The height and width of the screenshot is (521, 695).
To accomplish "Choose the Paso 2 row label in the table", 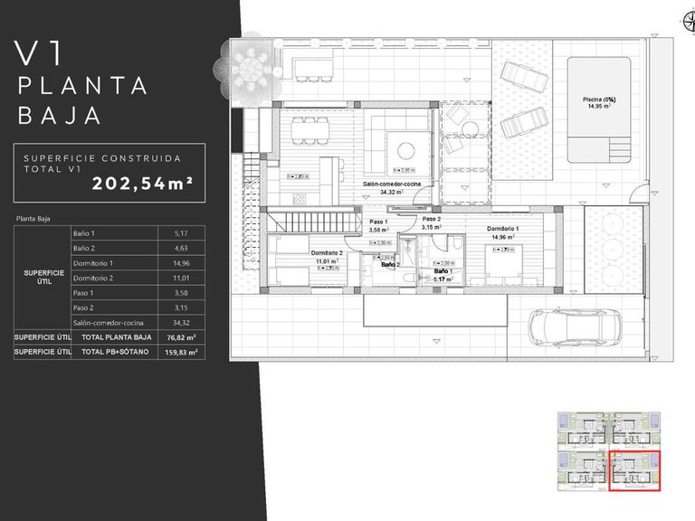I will click(84, 308).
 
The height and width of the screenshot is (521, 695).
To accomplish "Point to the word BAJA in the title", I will click(59, 116).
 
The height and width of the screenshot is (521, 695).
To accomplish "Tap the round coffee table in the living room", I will click(405, 149).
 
